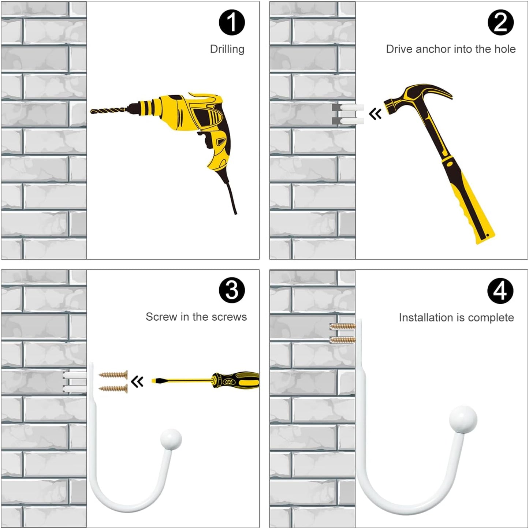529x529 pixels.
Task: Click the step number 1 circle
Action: point(232,22)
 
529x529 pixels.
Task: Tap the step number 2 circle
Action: point(500,22)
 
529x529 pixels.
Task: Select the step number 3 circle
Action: point(232,290)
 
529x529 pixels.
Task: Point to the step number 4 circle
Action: point(500,291)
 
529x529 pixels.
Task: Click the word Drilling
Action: point(227,49)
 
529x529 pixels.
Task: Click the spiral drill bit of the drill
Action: point(109,111)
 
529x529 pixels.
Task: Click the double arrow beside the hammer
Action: point(375,113)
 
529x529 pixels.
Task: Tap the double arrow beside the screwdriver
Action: point(137,381)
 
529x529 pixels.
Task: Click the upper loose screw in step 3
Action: point(113,374)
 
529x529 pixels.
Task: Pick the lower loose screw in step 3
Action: point(113,388)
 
